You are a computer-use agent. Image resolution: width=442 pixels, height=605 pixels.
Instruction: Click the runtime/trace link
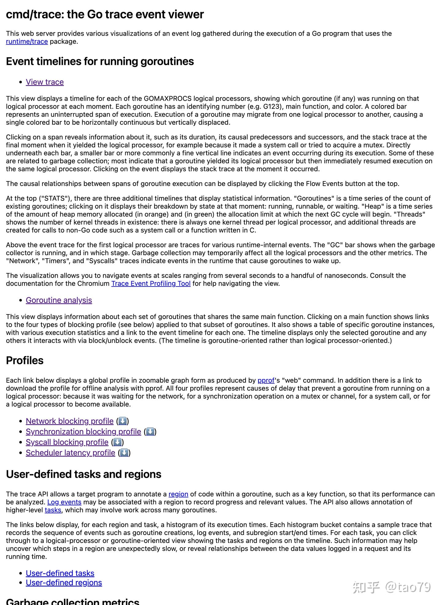pyautogui.click(x=27, y=41)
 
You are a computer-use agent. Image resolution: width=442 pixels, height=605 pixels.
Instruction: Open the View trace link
pyautogui.click(x=45, y=82)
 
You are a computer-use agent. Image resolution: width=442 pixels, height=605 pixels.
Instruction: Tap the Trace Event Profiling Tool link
pyautogui.click(x=151, y=283)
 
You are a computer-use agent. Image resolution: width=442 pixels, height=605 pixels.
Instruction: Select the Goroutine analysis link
pyautogui.click(x=59, y=300)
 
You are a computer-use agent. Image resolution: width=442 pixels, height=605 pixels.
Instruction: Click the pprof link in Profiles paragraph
pyautogui.click(x=266, y=380)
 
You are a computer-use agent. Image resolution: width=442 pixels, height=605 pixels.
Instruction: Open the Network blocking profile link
pyautogui.click(x=70, y=421)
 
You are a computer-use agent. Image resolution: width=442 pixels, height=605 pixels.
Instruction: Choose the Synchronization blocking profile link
pyautogui.click(x=83, y=431)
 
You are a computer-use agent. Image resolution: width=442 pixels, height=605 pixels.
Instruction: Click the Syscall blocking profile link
pyautogui.click(x=67, y=442)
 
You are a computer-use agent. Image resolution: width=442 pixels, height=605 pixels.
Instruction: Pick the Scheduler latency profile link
pyautogui.click(x=70, y=453)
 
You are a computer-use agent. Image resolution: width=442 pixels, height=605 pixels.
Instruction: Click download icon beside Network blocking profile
pyautogui.click(x=122, y=421)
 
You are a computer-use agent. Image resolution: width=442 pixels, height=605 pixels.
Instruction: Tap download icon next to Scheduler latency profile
pyautogui.click(x=124, y=453)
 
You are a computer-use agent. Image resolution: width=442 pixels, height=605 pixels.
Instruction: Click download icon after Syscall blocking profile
pyautogui.click(x=117, y=442)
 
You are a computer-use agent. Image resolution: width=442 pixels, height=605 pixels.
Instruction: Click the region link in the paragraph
pyautogui.click(x=178, y=494)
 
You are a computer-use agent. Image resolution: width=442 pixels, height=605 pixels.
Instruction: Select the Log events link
pyautogui.click(x=64, y=502)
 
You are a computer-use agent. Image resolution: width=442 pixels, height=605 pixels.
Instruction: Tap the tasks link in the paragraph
pyautogui.click(x=53, y=510)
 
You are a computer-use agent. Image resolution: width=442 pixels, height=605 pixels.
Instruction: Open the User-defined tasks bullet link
pyautogui.click(x=60, y=573)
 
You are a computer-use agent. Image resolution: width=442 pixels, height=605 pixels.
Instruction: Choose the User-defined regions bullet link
pyautogui.click(x=64, y=583)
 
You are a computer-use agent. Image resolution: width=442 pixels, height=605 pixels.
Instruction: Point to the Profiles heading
pyautogui.click(x=25, y=360)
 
